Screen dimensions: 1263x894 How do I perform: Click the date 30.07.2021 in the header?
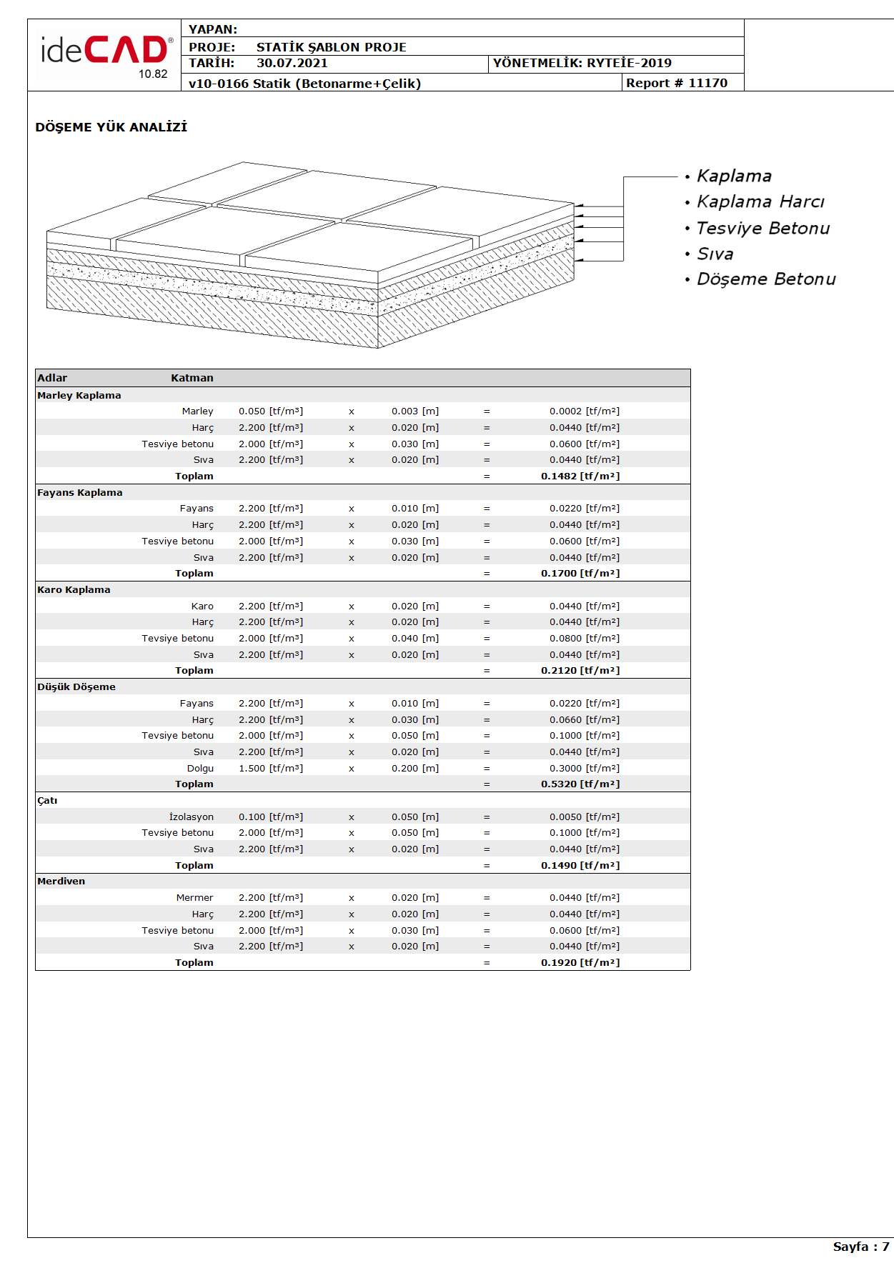click(292, 63)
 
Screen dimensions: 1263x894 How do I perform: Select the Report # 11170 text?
click(676, 83)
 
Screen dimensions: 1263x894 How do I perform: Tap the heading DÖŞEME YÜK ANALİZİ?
click(111, 127)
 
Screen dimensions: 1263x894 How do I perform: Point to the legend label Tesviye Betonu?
click(763, 229)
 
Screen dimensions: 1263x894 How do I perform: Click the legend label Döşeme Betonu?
click(765, 279)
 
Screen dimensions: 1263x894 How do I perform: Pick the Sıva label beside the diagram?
click(715, 254)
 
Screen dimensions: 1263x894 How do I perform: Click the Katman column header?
click(192, 378)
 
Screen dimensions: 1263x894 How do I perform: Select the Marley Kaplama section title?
click(79, 395)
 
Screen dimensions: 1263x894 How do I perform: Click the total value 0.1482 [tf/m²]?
click(580, 476)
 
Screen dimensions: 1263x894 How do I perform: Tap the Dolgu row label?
click(200, 768)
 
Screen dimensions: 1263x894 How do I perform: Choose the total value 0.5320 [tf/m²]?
click(580, 784)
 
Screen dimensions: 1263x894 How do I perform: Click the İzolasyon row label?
click(191, 817)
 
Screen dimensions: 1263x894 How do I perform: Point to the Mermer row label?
click(194, 897)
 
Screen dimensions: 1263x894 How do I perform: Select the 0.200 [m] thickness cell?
click(414, 768)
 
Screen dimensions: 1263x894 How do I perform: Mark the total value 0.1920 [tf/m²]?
click(580, 962)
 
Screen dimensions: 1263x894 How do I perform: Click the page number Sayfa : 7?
click(860, 1247)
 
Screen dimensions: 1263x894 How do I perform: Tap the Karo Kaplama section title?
click(74, 589)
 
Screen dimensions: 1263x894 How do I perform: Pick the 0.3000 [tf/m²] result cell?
click(584, 768)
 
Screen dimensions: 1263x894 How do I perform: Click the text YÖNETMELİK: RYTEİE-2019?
click(582, 63)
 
